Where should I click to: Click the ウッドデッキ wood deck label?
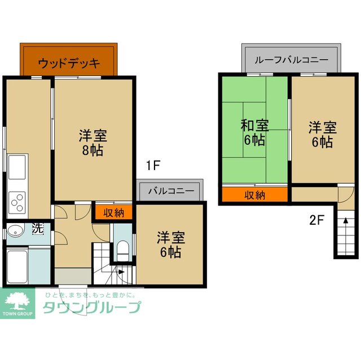(69, 63)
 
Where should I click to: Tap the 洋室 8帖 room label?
(93, 143)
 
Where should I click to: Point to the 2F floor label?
(316, 220)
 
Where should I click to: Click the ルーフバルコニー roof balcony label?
(292, 59)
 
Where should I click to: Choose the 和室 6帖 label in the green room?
(254, 132)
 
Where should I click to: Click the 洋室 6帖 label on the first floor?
(169, 245)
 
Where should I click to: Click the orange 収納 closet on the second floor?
(255, 195)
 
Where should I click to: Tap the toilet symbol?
(122, 249)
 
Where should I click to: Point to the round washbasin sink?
(14, 230)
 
